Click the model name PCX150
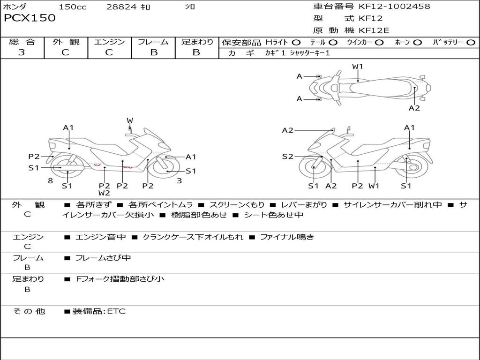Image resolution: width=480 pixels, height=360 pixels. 30,18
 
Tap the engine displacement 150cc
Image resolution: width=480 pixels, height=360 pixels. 73,7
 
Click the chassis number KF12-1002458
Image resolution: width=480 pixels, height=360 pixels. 394,7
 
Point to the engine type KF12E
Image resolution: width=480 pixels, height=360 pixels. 375,31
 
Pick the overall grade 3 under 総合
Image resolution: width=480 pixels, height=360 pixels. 22,52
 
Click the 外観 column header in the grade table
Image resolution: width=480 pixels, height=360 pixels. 66,42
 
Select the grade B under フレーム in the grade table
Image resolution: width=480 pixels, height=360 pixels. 153,52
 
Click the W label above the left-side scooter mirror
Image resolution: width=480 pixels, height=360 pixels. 130,121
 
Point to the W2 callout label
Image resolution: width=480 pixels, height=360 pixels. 104,193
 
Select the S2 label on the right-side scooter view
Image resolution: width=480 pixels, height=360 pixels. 287,157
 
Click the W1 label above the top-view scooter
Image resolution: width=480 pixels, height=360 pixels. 358,67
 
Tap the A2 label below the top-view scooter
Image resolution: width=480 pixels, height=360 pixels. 414,108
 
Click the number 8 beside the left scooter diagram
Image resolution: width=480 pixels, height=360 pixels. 50,181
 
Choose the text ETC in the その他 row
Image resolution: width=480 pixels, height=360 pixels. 116,311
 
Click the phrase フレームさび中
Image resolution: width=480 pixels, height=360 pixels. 103,258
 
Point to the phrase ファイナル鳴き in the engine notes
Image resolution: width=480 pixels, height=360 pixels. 287,237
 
